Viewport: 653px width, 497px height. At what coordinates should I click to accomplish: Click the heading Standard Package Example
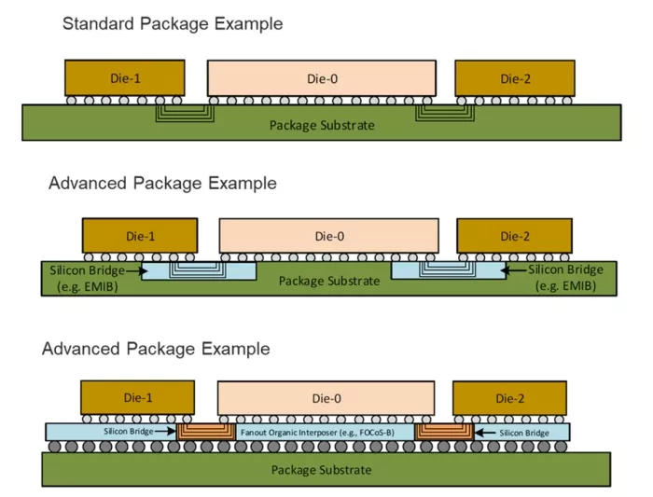click(173, 22)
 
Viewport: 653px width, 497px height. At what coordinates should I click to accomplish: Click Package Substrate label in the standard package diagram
click(321, 125)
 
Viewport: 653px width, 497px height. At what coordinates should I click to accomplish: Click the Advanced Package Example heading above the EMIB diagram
click(162, 184)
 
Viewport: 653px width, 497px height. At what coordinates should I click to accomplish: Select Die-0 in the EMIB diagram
click(328, 237)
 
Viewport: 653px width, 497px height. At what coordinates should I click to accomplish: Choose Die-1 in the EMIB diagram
click(139, 237)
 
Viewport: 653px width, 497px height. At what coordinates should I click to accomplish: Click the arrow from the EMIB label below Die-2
click(510, 270)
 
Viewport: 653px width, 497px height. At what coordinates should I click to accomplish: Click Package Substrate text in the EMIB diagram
click(328, 280)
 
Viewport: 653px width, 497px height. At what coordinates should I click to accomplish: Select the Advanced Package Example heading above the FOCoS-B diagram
click(156, 350)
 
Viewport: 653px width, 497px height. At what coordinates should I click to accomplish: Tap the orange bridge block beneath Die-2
click(444, 431)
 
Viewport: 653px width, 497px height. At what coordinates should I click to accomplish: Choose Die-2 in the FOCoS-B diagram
click(510, 399)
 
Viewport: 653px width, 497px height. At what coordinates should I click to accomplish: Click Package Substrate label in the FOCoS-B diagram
click(321, 469)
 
